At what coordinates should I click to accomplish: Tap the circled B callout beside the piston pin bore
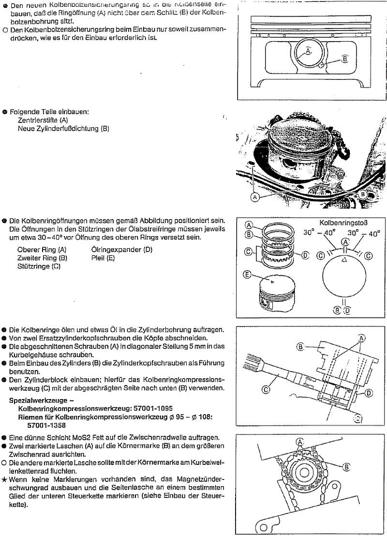[345, 59]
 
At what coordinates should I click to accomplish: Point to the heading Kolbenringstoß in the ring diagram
[344, 223]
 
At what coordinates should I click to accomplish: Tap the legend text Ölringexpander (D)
[121, 250]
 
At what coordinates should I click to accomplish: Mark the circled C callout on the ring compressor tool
[266, 388]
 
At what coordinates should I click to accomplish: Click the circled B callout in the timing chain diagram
[346, 466]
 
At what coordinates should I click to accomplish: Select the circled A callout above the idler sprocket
[300, 442]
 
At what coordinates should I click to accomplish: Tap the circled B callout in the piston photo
[363, 194]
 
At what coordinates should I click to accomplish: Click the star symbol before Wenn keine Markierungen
[4, 479]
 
